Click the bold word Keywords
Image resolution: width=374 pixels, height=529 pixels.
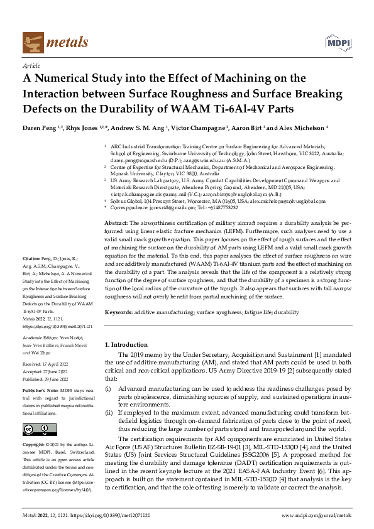(118, 312)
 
